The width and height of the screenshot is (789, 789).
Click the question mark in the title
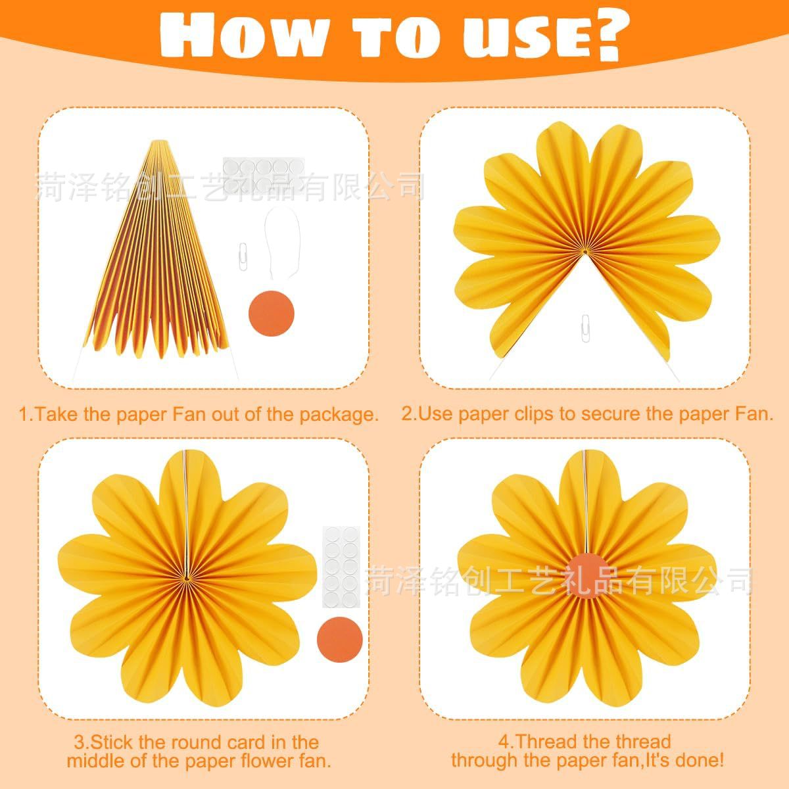point(605,36)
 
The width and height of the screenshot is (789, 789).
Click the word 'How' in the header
point(243,34)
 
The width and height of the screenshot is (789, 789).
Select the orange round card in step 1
point(272,313)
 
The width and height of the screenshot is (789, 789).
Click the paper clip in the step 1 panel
point(243,256)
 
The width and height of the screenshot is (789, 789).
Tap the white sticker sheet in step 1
point(264,176)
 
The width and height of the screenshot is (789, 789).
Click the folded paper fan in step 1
point(157,250)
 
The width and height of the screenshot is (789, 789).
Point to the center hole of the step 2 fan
point(585,252)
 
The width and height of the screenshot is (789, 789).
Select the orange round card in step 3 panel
point(339,640)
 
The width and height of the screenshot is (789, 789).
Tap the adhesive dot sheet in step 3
point(341,567)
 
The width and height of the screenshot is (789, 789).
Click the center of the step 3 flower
point(187,579)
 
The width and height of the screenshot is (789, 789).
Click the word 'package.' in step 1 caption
point(339,415)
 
